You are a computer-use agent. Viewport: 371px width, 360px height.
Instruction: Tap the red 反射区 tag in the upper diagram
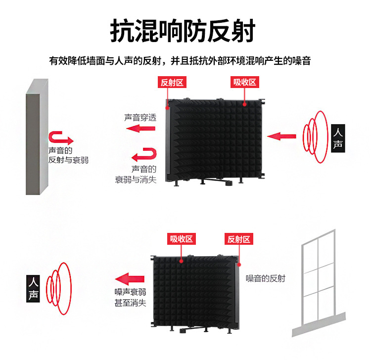(x=172, y=83)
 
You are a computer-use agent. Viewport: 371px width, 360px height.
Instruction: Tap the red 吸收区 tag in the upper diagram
(x=245, y=83)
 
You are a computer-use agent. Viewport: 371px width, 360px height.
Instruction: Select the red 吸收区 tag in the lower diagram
(x=181, y=239)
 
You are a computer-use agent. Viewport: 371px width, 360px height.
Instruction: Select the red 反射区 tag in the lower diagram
(x=239, y=239)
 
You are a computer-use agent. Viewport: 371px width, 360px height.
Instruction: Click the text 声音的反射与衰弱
(x=68, y=155)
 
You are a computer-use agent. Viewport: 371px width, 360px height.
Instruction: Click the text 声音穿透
(x=140, y=118)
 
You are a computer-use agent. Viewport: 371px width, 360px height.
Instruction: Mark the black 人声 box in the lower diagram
(x=33, y=290)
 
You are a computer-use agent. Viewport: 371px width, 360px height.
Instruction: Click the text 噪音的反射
(x=266, y=278)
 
